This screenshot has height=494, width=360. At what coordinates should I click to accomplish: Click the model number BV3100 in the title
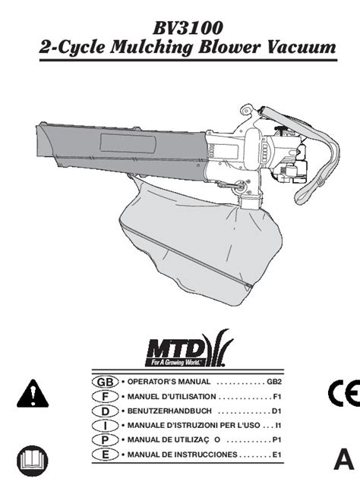tap(188, 28)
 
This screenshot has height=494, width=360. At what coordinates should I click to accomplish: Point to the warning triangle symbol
tap(33, 394)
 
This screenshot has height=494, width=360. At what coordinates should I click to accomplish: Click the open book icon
tap(32, 461)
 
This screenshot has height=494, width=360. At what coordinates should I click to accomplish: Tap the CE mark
tap(344, 393)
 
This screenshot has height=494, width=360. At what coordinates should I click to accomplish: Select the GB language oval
tap(106, 382)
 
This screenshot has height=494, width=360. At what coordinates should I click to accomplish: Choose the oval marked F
tap(106, 396)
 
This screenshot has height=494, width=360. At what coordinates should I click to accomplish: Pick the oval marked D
tap(106, 411)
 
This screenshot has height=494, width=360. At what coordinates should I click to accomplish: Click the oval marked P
tap(106, 440)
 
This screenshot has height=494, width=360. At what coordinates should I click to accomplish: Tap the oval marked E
tap(106, 455)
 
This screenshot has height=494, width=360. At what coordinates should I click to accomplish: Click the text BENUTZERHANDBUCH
tap(169, 411)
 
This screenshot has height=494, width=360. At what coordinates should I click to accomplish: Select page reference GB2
tap(274, 382)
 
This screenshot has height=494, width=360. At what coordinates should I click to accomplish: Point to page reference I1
tap(278, 425)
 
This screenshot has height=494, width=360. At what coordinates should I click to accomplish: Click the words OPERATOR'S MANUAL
tap(169, 382)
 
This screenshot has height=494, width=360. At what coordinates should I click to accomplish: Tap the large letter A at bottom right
tap(344, 459)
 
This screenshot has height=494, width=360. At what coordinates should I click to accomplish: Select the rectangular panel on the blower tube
tap(128, 143)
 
